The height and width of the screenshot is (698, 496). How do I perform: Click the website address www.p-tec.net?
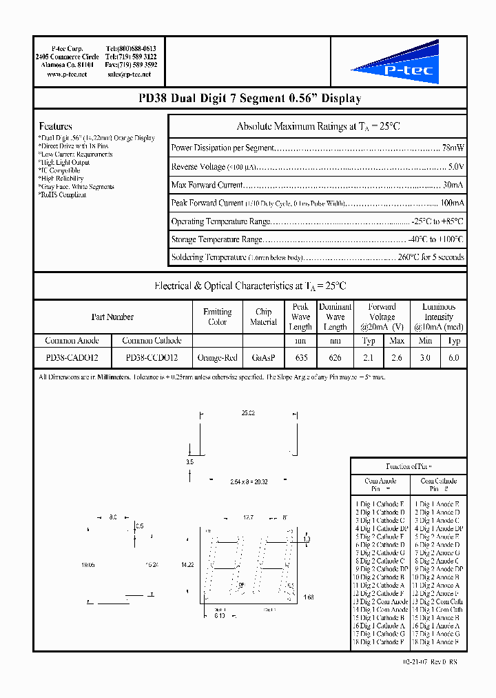pyautogui.click(x=67, y=74)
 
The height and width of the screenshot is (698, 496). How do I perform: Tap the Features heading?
pyautogui.click(x=55, y=126)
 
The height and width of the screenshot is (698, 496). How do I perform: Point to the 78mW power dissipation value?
pyautogui.click(x=453, y=148)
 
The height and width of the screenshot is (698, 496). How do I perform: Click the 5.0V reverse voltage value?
pyautogui.click(x=455, y=167)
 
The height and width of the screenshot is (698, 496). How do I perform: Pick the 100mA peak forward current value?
pyautogui.click(x=452, y=203)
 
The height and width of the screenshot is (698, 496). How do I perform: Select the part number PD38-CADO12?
pyautogui.click(x=72, y=358)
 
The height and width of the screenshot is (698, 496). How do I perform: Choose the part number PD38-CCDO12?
pyautogui.click(x=152, y=358)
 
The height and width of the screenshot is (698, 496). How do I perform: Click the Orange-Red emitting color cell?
pyautogui.click(x=217, y=358)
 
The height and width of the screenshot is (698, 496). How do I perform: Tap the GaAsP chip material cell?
pyautogui.click(x=263, y=358)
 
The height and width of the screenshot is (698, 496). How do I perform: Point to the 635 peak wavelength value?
pyautogui.click(x=300, y=358)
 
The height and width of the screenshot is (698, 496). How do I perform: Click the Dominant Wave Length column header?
pyautogui.click(x=335, y=317)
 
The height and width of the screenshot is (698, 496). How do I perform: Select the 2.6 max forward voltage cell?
pyautogui.click(x=397, y=358)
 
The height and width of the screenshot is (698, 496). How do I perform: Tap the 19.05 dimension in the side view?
pyautogui.click(x=87, y=564)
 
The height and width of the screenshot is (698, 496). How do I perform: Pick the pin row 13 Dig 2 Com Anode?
pyautogui.click(x=380, y=601)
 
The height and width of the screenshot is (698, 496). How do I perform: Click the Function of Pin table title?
pyautogui.click(x=409, y=466)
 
